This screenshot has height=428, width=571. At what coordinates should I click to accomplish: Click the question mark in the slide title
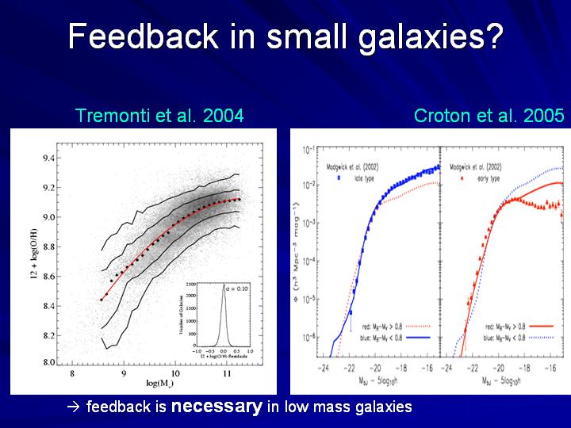coord(492,37)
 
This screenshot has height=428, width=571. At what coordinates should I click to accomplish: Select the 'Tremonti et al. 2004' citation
coord(159,116)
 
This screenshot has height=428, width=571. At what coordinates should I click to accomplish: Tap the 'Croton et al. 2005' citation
coord(489,116)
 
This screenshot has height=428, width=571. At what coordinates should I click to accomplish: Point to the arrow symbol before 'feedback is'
coord(75,408)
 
